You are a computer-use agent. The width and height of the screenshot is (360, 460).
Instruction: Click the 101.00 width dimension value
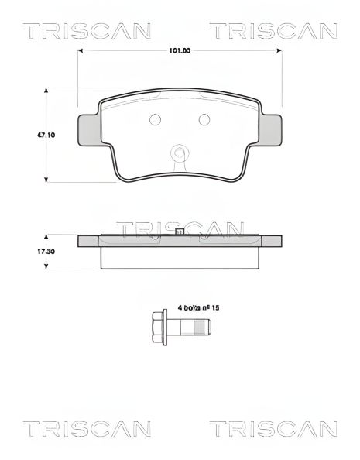[x=180, y=51]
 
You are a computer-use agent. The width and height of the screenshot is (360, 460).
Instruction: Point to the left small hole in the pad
[x=153, y=119]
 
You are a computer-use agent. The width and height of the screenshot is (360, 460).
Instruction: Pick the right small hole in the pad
[x=204, y=119]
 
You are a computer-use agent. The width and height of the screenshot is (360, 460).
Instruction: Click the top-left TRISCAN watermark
[x=75, y=31]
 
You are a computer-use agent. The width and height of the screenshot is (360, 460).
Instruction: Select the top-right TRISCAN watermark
[x=273, y=31]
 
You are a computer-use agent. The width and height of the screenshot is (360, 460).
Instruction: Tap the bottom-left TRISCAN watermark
[x=75, y=428]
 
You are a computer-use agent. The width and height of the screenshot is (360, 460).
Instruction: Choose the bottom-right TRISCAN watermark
[x=273, y=428]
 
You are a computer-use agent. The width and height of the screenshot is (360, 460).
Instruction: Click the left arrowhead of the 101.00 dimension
[x=81, y=51]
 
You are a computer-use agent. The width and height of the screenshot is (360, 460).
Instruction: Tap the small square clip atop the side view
[x=179, y=232]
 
